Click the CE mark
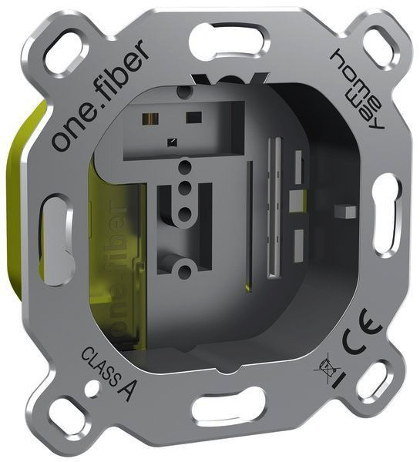point(361,333)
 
